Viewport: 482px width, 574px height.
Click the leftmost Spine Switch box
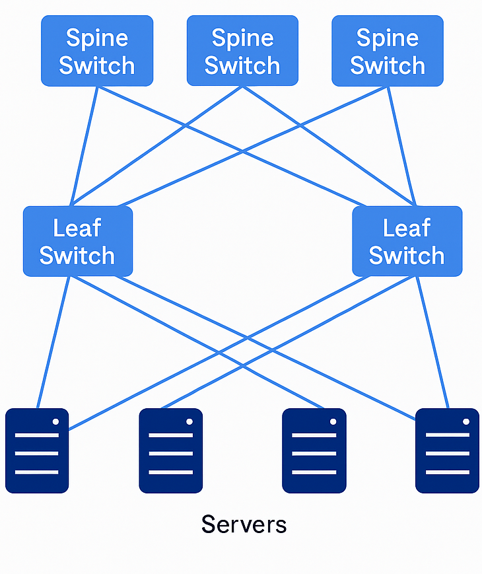click(x=97, y=51)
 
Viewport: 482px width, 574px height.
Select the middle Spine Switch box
click(x=242, y=51)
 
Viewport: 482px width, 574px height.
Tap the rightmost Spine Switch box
click(x=388, y=51)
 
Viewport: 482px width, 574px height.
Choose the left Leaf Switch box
click(x=78, y=241)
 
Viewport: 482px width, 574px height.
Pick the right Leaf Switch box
click(x=407, y=241)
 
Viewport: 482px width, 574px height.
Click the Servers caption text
click(x=244, y=524)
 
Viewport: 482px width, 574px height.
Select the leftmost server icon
click(x=37, y=450)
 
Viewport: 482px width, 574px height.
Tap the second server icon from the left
click(x=170, y=450)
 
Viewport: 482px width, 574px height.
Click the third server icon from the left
click(x=314, y=450)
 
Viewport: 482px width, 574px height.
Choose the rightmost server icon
click(x=447, y=450)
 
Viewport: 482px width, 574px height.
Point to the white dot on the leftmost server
click(x=56, y=421)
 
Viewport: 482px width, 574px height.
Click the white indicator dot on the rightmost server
click(x=466, y=421)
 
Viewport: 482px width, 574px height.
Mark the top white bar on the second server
click(x=170, y=435)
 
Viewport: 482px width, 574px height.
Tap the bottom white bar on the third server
click(x=314, y=472)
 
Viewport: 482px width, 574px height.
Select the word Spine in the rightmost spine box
click(x=388, y=38)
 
